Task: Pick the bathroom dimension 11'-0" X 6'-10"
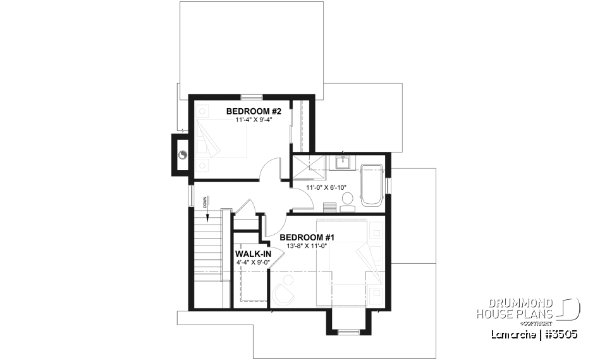coord(328,188)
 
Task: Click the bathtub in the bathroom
coord(372,185)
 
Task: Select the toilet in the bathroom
coord(346,202)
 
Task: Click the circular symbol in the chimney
coord(183,154)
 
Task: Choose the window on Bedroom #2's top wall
coord(251,97)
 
